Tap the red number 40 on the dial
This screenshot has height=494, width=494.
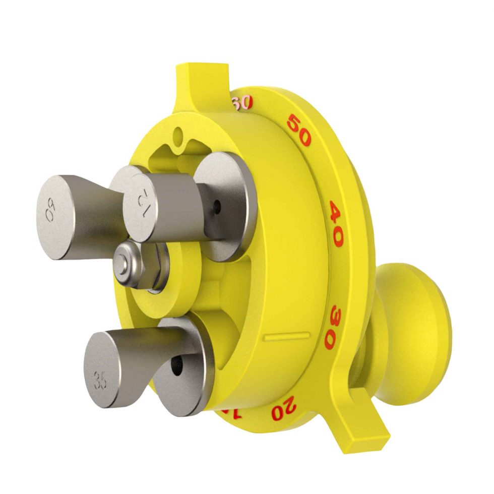pos(336,223)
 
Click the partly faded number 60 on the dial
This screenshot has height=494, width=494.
pos(241,103)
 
